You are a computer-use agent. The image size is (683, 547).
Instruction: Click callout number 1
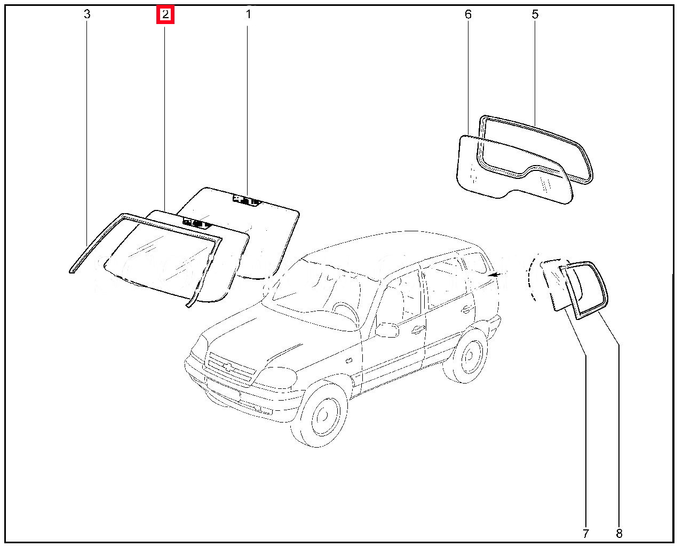coord(249,14)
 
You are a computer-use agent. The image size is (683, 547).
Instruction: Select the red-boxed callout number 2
coord(165,15)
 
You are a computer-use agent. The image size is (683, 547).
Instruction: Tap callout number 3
coord(87,14)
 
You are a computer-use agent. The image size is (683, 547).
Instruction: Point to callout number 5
coord(535,14)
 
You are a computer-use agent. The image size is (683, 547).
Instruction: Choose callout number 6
coord(468,14)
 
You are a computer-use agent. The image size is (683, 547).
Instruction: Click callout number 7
coord(586,533)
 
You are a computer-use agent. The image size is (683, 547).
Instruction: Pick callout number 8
coord(619,533)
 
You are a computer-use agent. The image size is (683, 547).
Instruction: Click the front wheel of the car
coord(321,413)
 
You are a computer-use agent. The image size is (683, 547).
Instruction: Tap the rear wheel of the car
coord(466,355)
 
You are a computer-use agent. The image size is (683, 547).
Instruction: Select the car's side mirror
coord(387,330)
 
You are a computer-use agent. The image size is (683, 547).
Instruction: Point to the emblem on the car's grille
coord(228,367)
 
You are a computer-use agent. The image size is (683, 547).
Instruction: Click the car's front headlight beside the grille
coord(275,378)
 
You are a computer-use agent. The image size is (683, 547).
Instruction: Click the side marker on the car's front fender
coord(348,361)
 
